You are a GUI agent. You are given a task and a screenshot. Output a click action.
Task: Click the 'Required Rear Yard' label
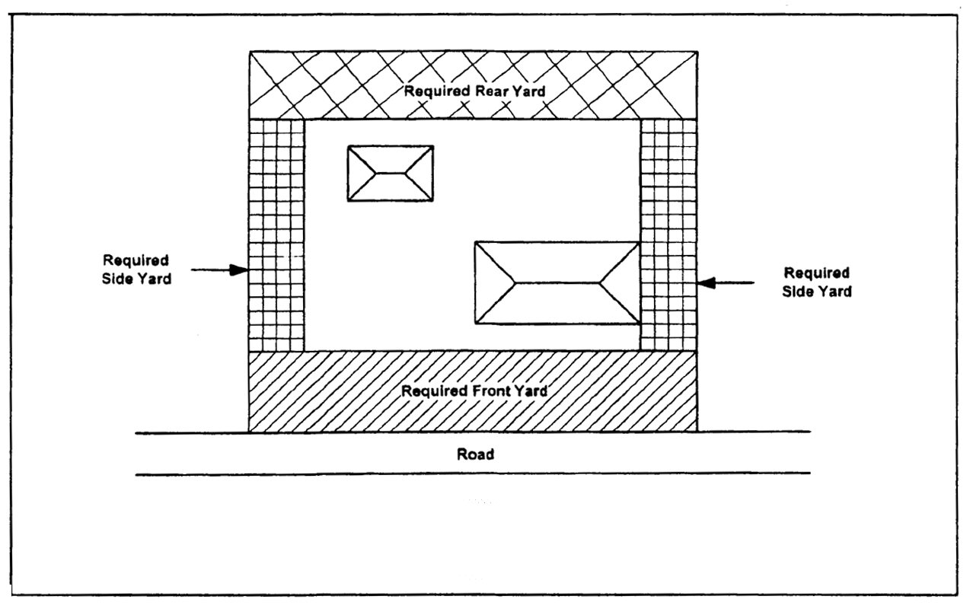click(474, 91)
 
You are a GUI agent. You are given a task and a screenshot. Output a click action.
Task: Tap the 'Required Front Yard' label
click(474, 391)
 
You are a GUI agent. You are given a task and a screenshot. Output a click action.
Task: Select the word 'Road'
click(475, 454)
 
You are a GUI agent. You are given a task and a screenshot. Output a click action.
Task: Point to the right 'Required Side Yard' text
click(816, 282)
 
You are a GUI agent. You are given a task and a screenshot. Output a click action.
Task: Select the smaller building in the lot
click(391, 174)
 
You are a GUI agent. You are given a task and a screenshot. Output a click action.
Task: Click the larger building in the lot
click(557, 283)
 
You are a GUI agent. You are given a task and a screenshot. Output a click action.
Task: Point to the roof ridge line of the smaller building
click(391, 173)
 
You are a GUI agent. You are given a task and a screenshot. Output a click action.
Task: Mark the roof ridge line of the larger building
click(557, 282)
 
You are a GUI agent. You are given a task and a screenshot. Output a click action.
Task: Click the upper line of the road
click(472, 433)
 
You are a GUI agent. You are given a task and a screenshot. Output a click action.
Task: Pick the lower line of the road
click(472, 473)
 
